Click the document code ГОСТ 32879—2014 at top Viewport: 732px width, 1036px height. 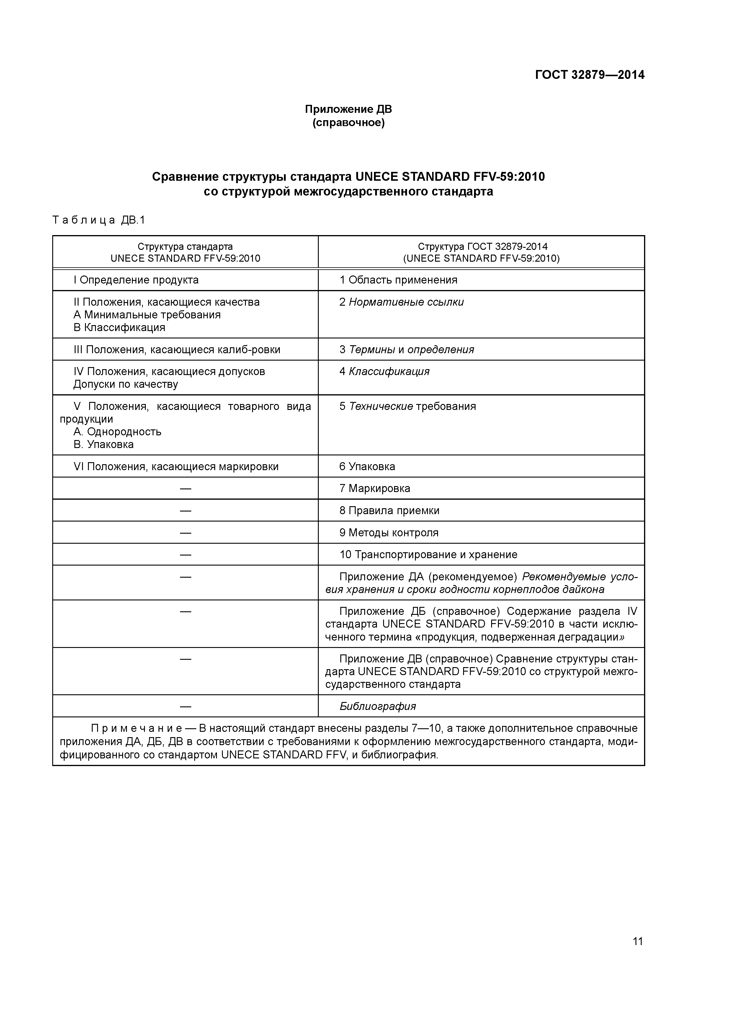pyautogui.click(x=589, y=75)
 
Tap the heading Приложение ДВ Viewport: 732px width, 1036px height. pyautogui.click(x=348, y=109)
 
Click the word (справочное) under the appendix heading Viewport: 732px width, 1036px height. pyautogui.click(x=348, y=123)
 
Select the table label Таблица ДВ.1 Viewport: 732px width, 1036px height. pyautogui.click(x=99, y=220)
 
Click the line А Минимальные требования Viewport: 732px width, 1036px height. pyautogui.click(x=147, y=315)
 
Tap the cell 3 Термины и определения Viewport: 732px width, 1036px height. pyautogui.click(x=406, y=349)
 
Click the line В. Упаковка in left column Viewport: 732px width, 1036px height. pyautogui.click(x=104, y=444)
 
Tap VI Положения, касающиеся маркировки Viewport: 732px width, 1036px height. pyautogui.click(x=176, y=467)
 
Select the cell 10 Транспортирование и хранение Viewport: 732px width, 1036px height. pyautogui.click(x=428, y=555)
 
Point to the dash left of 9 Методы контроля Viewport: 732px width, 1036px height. pyautogui.click(x=185, y=533)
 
